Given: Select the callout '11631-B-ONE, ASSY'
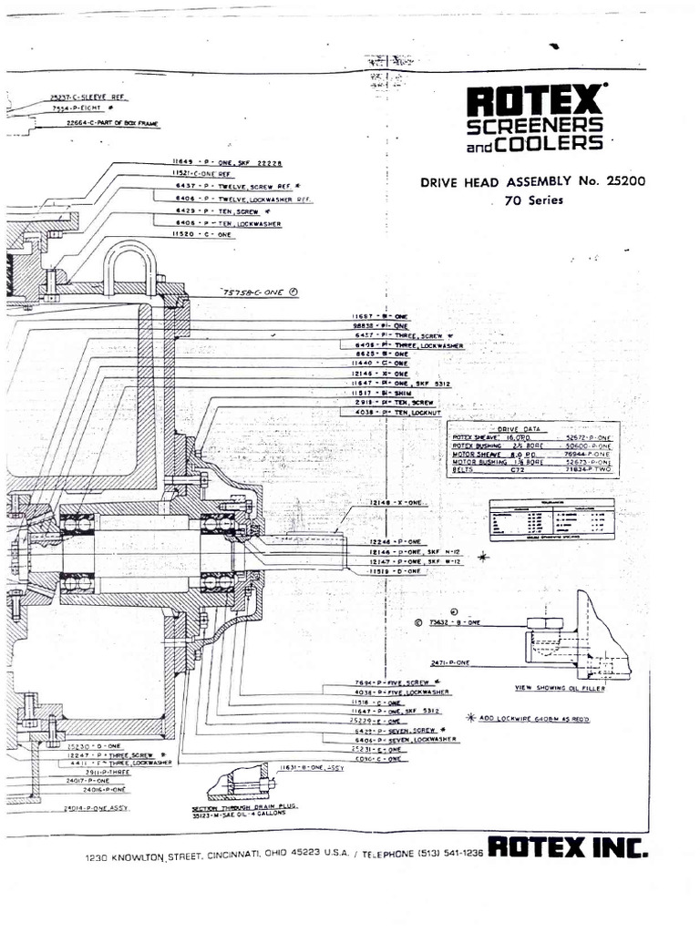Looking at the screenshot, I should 313,767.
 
